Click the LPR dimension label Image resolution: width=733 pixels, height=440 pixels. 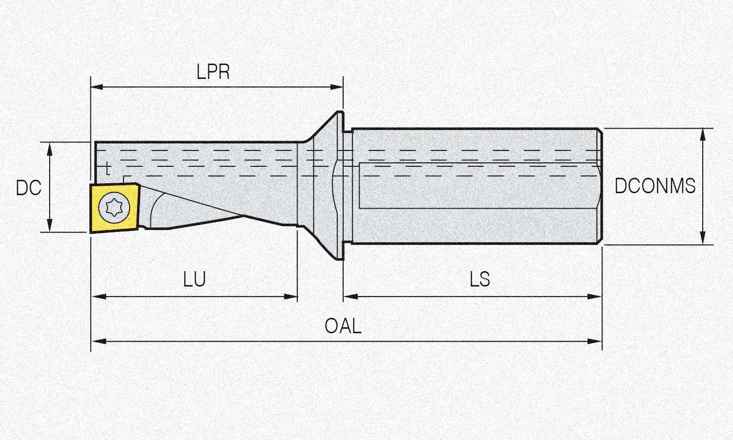[x=213, y=73]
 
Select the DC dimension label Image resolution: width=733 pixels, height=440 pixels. [x=28, y=188]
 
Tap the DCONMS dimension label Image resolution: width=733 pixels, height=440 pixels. [x=655, y=186]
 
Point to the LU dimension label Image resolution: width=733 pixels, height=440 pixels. [x=194, y=280]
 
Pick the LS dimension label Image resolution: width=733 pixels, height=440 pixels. [x=480, y=280]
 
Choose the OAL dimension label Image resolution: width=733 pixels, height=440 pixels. [x=343, y=326]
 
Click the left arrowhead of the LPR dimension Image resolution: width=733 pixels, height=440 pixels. [x=96, y=87]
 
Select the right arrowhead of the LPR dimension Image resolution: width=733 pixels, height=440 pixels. [x=338, y=87]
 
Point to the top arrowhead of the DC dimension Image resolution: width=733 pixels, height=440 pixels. [x=50, y=147]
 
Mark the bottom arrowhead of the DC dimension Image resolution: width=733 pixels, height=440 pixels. [x=50, y=226]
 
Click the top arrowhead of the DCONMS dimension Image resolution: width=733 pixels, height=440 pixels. [x=703, y=134]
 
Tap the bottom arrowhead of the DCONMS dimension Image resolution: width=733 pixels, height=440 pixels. [x=703, y=238]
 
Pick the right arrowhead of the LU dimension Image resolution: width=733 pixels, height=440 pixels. [x=292, y=296]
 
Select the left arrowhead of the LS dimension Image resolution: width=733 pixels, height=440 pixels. [x=350, y=296]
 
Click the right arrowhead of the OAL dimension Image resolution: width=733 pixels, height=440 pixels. [x=596, y=341]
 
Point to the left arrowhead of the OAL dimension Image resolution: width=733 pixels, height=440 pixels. [x=97, y=341]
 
